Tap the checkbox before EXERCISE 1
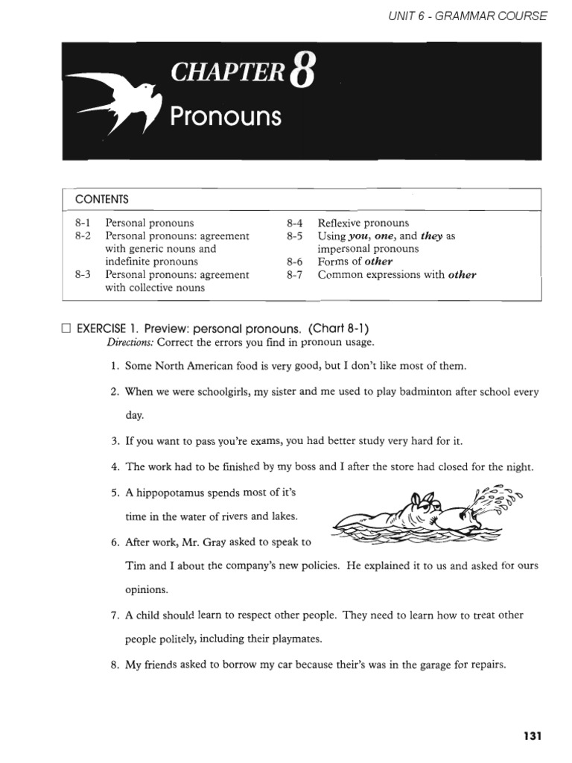67,329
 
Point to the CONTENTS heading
102,199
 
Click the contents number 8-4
294,223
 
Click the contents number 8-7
294,275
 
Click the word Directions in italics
130,342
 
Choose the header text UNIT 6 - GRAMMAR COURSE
468,16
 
